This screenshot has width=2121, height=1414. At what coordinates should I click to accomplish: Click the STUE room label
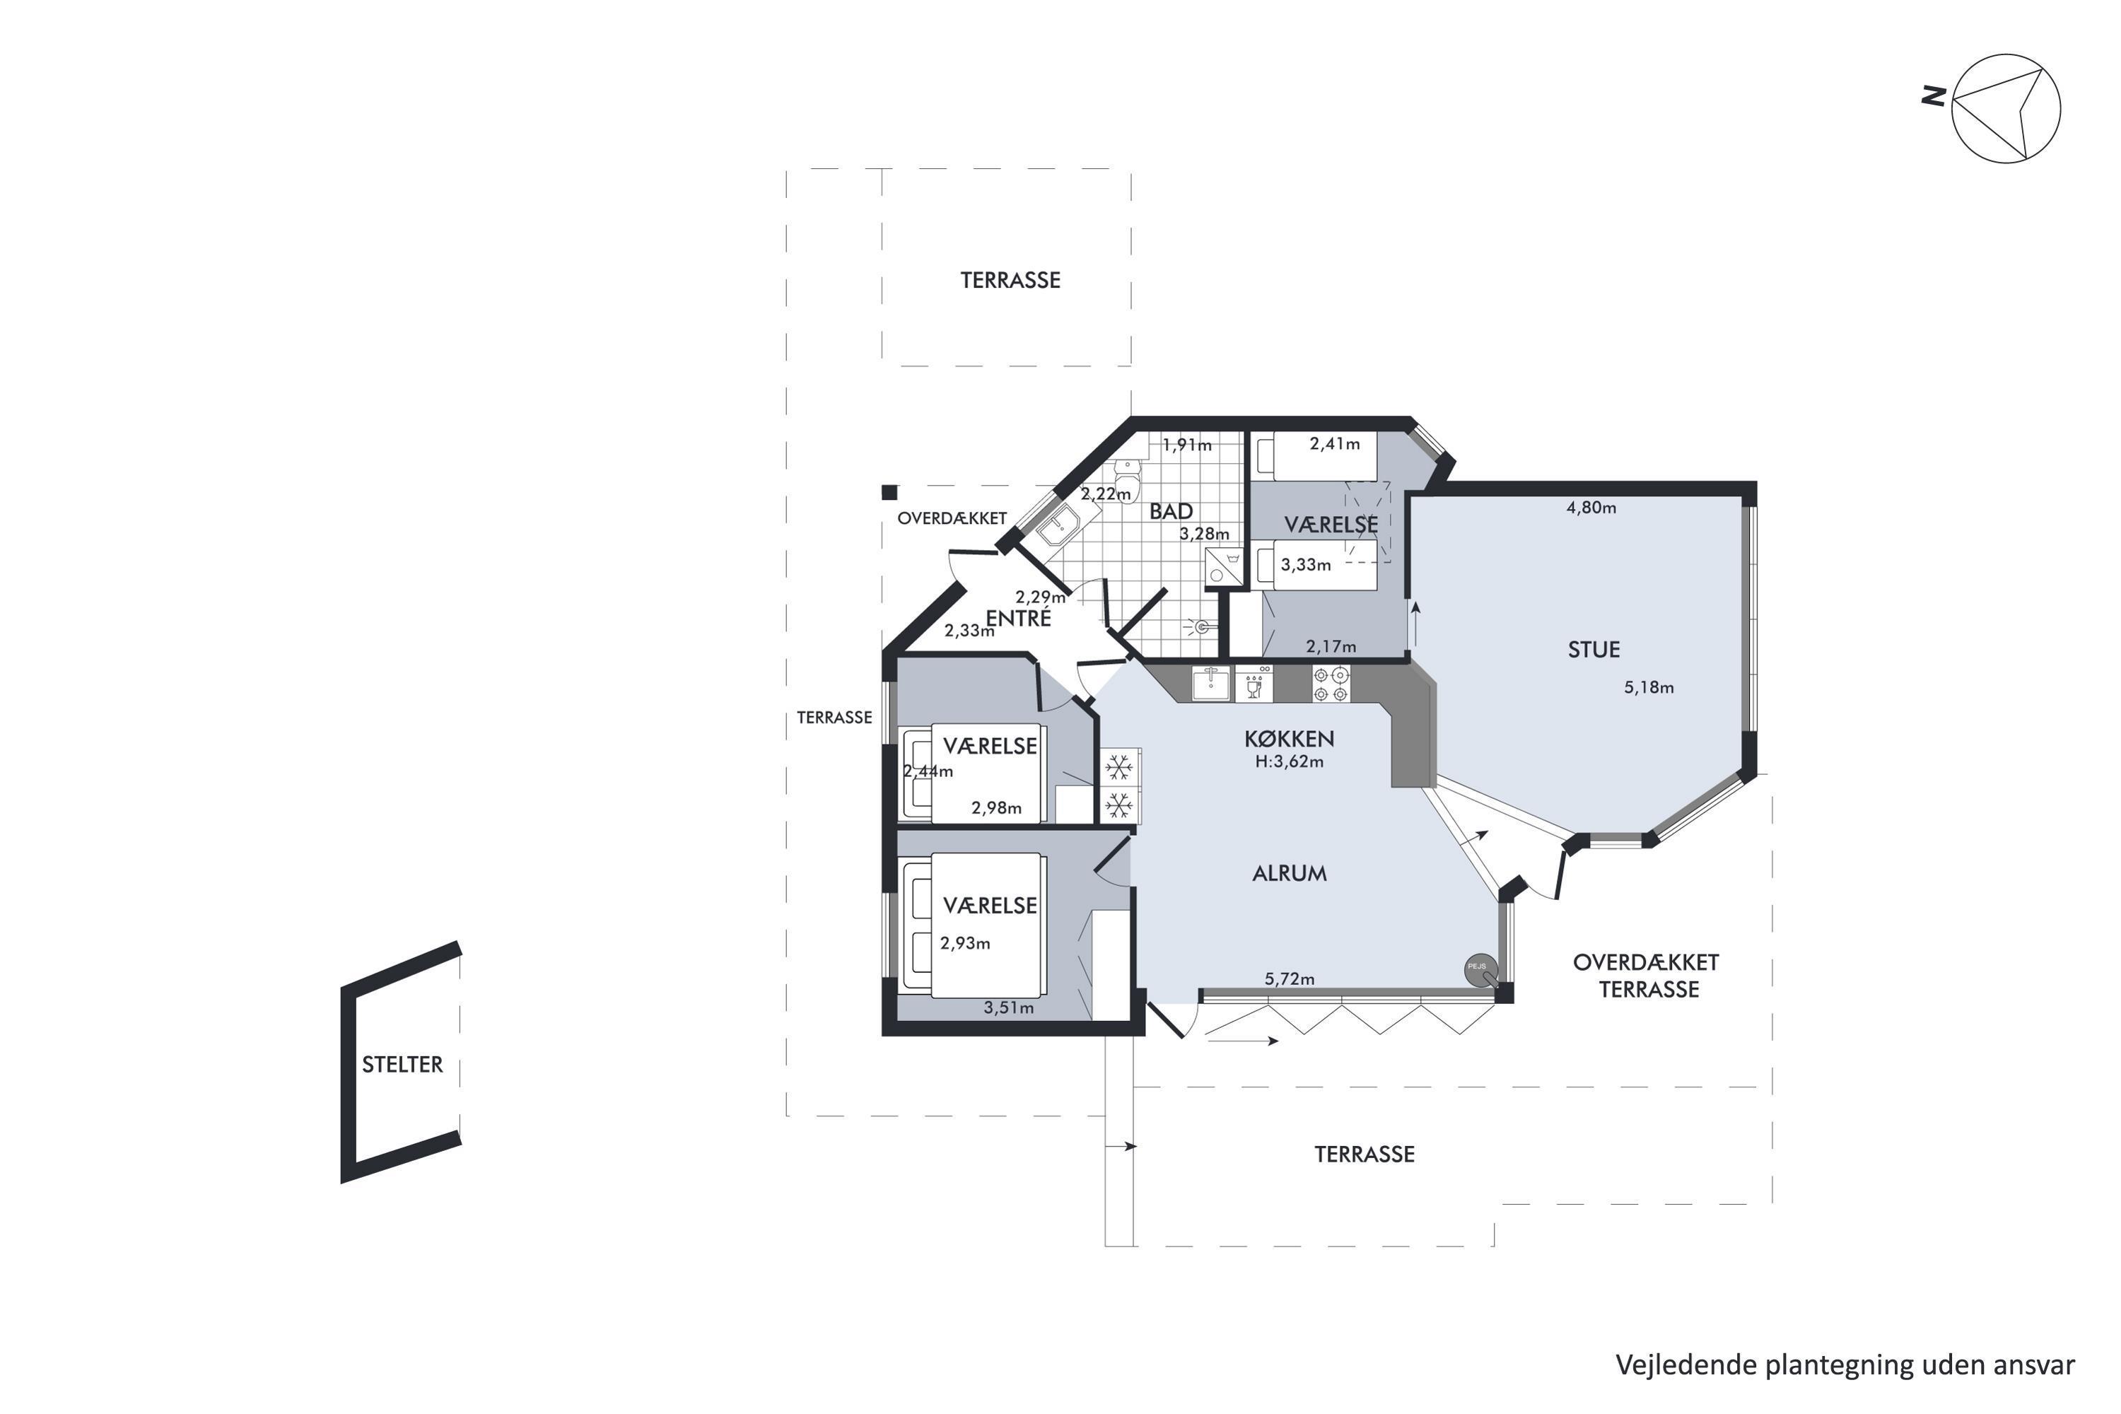(1594, 649)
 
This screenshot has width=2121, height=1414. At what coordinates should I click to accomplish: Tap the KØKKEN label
(1289, 739)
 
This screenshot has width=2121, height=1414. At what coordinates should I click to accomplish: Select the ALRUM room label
(1290, 873)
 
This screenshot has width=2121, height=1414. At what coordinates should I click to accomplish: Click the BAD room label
(1171, 511)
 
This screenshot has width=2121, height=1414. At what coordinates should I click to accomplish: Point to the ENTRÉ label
(1018, 618)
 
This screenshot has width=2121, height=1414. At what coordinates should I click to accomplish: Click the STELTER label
(402, 1065)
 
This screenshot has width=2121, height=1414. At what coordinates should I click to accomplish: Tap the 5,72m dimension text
(1290, 979)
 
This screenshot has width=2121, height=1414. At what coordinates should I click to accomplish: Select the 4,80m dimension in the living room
(1591, 508)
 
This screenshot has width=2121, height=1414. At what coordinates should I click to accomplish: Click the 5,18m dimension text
(1649, 687)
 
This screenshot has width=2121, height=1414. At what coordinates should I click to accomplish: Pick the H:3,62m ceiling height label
(1290, 761)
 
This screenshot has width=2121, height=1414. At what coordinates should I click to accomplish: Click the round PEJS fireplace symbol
(1480, 969)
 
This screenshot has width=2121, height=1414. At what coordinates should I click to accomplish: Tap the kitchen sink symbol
(1210, 684)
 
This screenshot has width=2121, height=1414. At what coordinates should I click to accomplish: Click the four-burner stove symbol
(1331, 684)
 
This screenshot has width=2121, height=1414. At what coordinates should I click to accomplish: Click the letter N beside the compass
(1932, 95)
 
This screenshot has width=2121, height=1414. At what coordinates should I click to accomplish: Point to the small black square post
(889, 492)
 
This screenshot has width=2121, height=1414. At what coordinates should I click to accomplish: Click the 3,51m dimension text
(1009, 1008)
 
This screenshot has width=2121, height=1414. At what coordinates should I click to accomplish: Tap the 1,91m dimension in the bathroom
(1187, 445)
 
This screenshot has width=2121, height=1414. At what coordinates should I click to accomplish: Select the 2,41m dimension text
(1335, 444)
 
